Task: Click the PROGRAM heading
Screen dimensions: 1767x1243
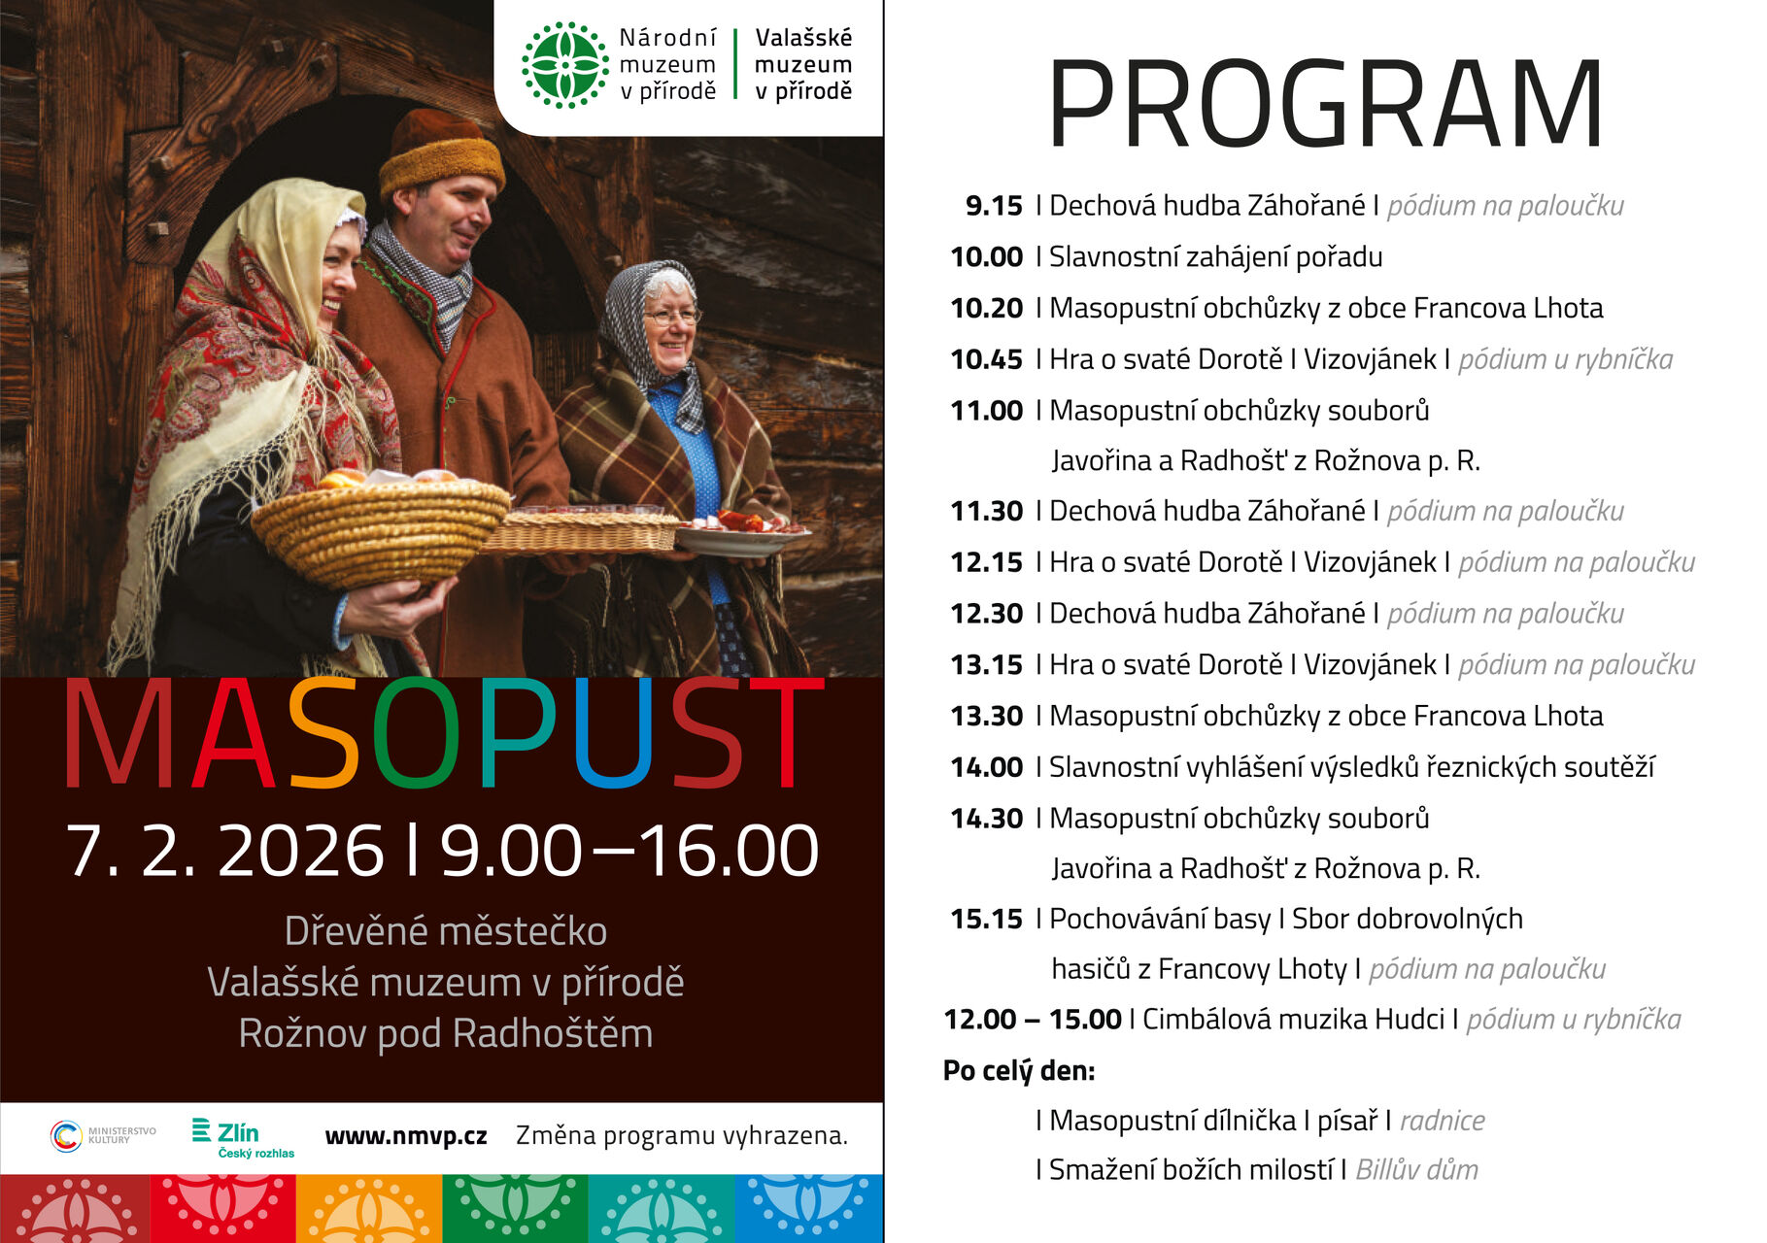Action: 1325,103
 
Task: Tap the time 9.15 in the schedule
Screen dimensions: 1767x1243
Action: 994,206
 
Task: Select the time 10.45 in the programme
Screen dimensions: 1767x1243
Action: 986,359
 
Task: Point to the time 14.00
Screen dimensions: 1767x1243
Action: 986,767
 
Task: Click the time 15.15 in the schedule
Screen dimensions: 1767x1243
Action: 986,919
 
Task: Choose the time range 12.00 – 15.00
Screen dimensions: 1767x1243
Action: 1032,1020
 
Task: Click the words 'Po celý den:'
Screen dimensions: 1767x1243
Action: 1019,1071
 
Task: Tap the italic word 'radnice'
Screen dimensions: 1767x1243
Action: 1442,1121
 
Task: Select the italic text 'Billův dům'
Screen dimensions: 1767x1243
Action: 1416,1170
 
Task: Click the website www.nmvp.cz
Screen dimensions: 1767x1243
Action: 406,1136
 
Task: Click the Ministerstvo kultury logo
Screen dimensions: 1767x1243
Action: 103,1135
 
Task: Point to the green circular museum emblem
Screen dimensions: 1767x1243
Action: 565,65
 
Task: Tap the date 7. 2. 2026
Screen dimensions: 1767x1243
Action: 224,852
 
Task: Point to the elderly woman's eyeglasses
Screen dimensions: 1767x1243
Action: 671,316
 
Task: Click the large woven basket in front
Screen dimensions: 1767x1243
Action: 381,532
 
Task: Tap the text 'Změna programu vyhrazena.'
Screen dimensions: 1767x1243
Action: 682,1135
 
